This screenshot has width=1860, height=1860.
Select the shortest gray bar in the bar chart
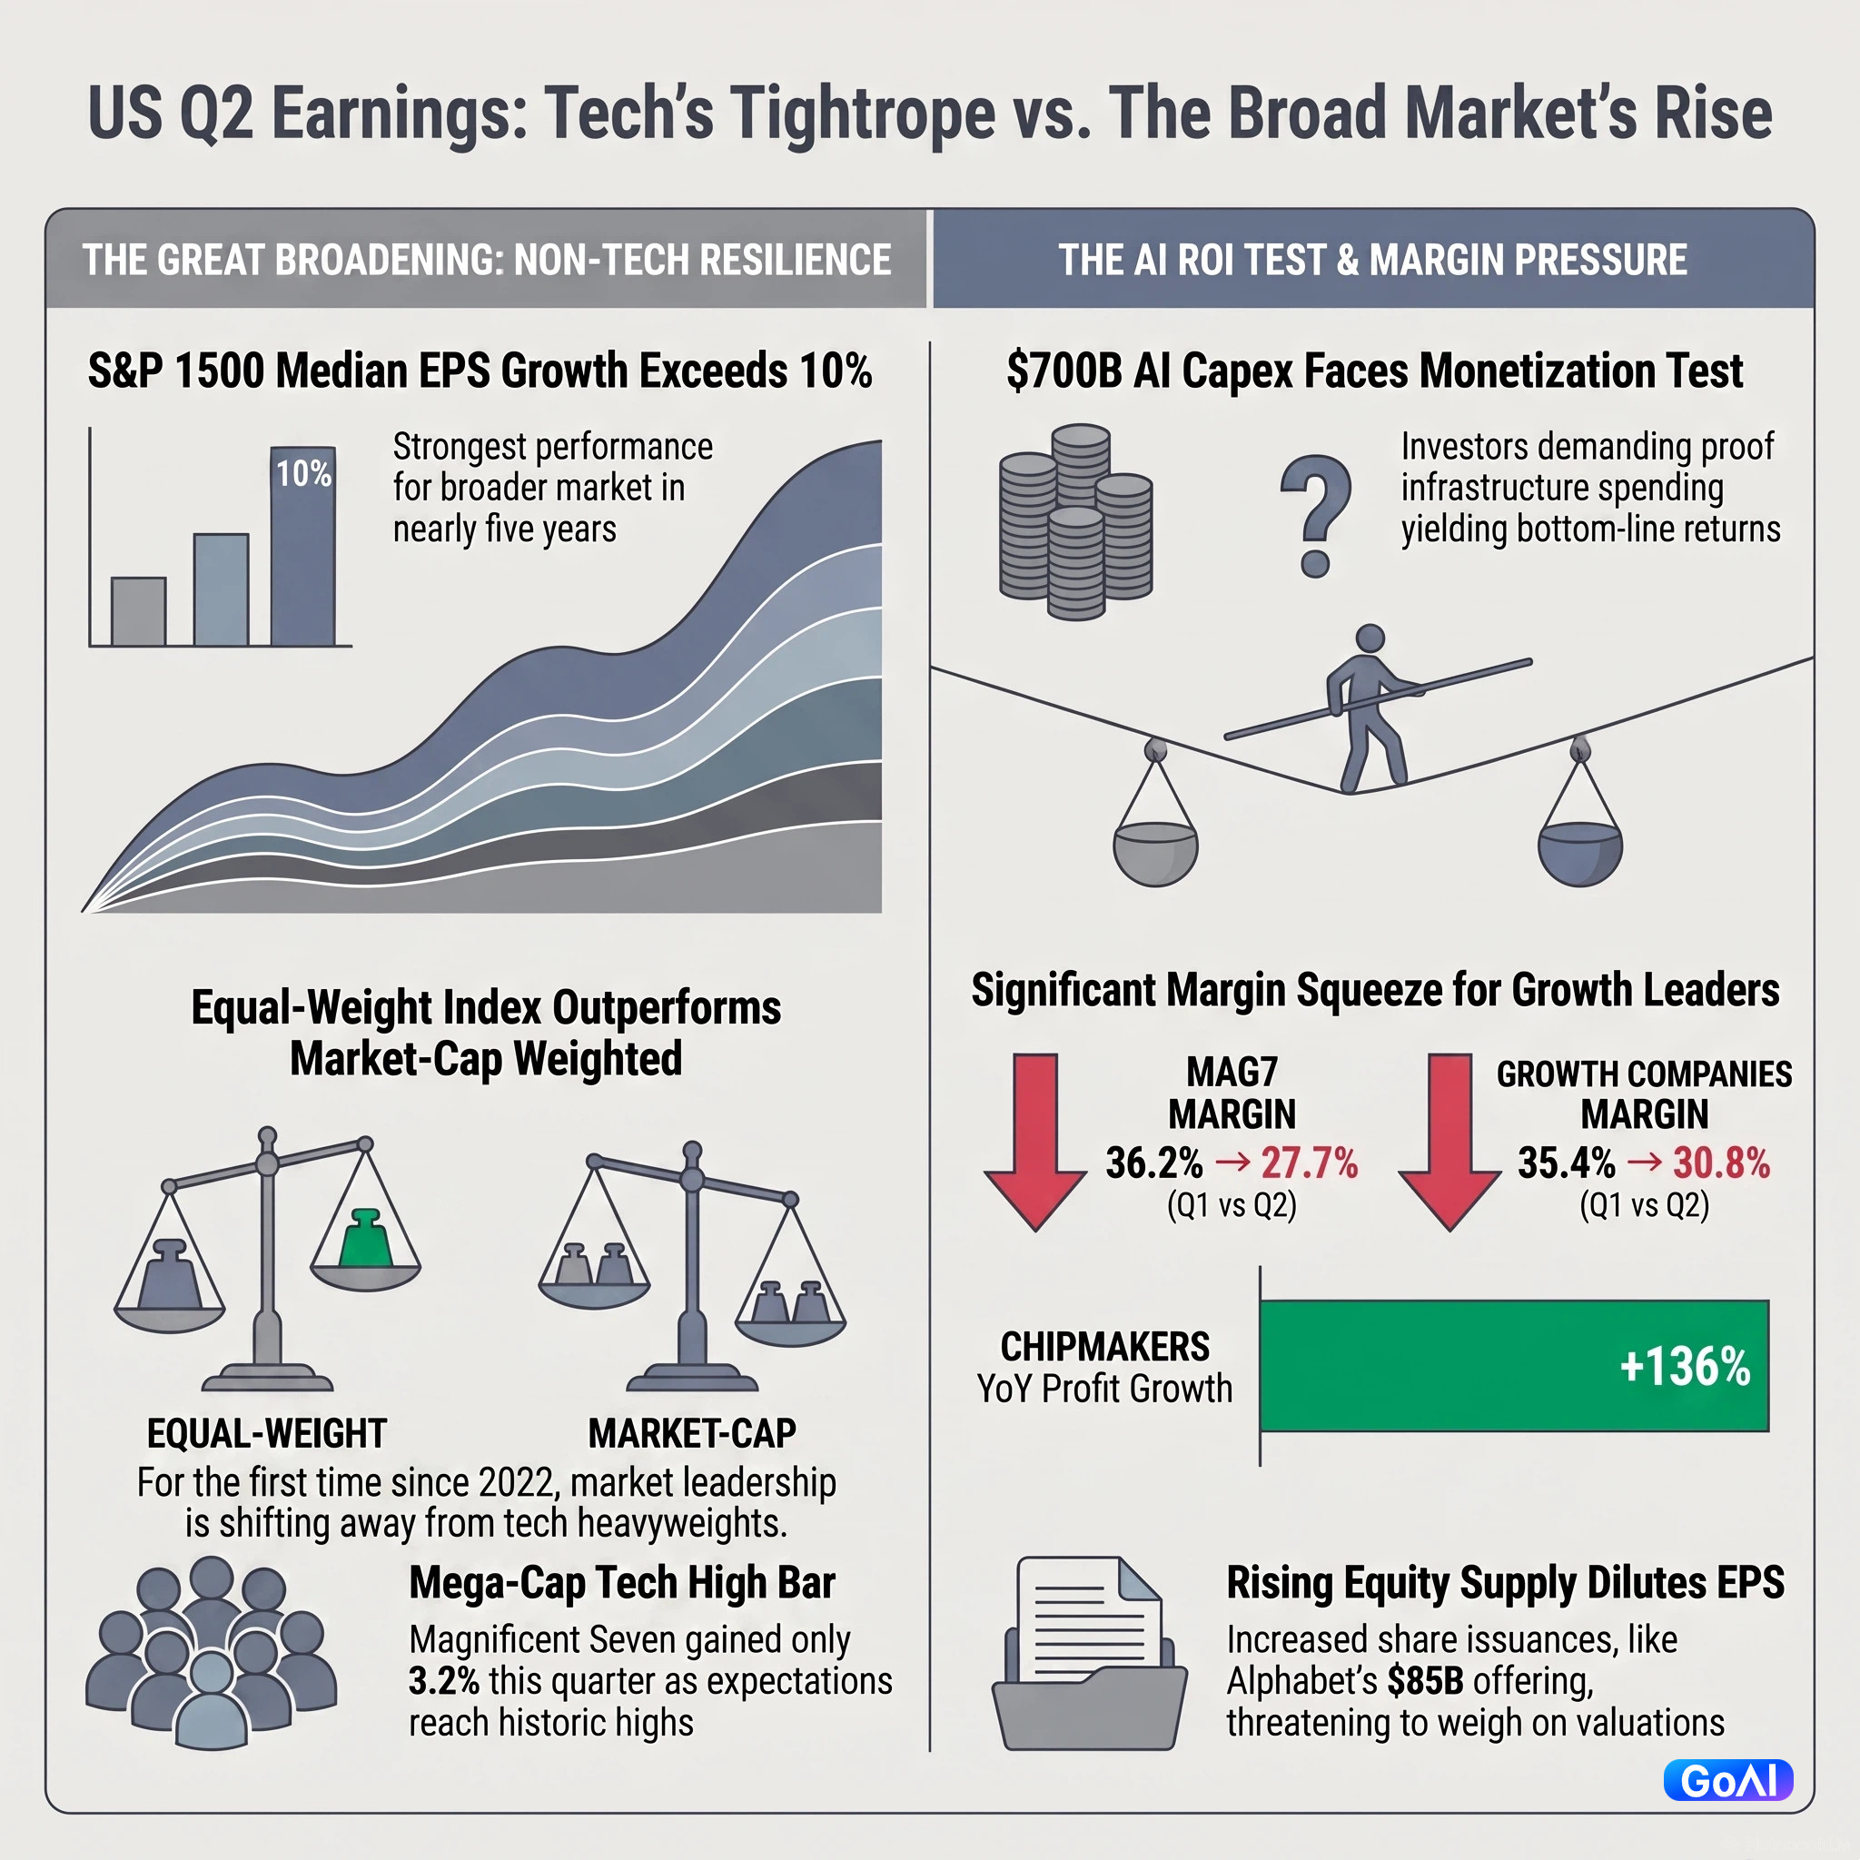(x=139, y=610)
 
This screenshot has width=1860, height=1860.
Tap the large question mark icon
(x=1315, y=516)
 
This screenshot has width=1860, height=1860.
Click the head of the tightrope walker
(x=1369, y=638)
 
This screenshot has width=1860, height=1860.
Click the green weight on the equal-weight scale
(x=365, y=1237)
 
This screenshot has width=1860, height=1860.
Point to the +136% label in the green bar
(x=1685, y=1366)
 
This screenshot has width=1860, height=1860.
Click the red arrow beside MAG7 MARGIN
(x=1035, y=1142)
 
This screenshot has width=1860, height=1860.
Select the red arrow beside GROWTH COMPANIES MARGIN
(x=1449, y=1142)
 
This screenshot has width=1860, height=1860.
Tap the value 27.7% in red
(x=1310, y=1163)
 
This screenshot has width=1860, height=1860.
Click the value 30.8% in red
(x=1721, y=1163)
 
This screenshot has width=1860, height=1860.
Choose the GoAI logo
(x=1728, y=1780)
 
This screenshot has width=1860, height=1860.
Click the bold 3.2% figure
(x=444, y=1681)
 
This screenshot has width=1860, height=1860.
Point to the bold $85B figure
(x=1426, y=1681)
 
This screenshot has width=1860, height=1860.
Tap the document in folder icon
(x=1089, y=1654)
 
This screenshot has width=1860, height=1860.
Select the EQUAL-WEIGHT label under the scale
(x=267, y=1433)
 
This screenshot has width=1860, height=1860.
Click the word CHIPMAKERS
(x=1105, y=1347)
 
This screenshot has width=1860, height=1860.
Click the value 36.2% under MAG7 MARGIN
(x=1154, y=1163)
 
